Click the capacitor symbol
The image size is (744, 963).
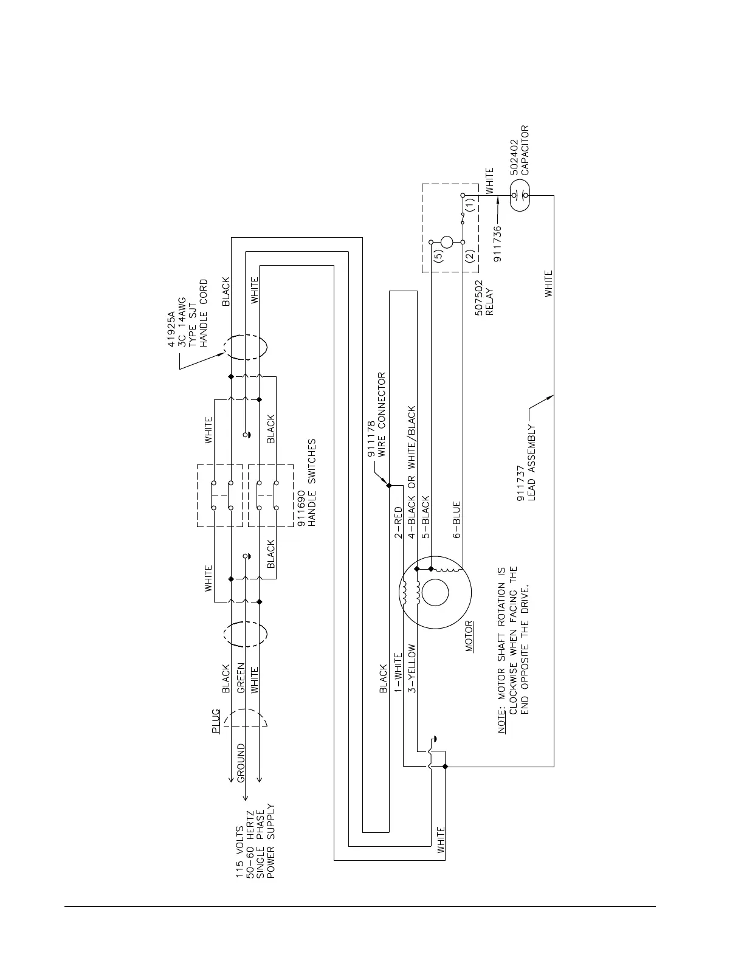[518, 196]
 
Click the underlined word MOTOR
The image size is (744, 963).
[469, 636]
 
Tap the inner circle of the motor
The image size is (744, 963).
[435, 593]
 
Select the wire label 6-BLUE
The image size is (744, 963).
[456, 520]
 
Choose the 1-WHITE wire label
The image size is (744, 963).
[399, 672]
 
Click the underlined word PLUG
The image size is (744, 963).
[216, 722]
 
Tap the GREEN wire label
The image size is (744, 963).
[241, 678]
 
